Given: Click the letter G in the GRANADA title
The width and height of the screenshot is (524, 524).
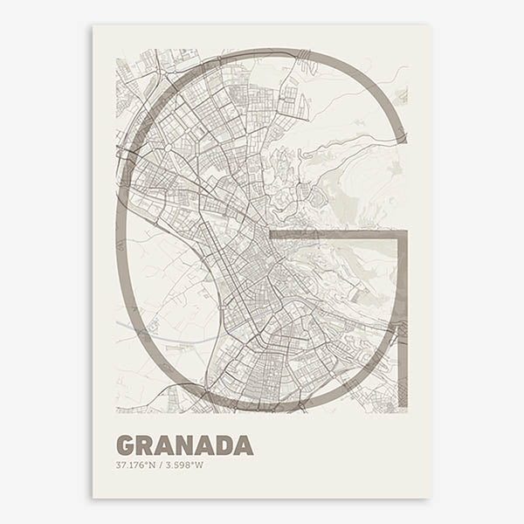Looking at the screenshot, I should [x=126, y=445].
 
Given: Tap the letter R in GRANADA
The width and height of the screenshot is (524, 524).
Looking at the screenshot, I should [x=146, y=445].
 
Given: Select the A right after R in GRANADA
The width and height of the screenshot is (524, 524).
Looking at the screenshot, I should [x=166, y=445].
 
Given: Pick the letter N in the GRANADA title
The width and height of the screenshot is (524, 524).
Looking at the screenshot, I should [x=186, y=445].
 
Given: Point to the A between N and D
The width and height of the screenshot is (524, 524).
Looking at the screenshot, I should [x=206, y=445].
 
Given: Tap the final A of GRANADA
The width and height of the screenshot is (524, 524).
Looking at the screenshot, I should [x=245, y=445].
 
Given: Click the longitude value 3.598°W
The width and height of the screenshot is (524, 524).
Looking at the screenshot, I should [x=184, y=465].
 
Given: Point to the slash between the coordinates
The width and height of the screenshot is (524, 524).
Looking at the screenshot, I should [x=161, y=465].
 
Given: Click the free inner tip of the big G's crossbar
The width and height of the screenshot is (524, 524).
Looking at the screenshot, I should [x=272, y=234].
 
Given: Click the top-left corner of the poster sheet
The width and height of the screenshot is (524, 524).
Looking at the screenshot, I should [x=93, y=24].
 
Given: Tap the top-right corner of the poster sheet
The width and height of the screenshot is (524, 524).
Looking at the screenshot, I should [x=430, y=24].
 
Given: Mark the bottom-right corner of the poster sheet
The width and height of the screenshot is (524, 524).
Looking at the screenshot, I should [x=430, y=499].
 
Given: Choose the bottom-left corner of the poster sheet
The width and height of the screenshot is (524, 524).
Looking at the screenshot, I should [x=93, y=499].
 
